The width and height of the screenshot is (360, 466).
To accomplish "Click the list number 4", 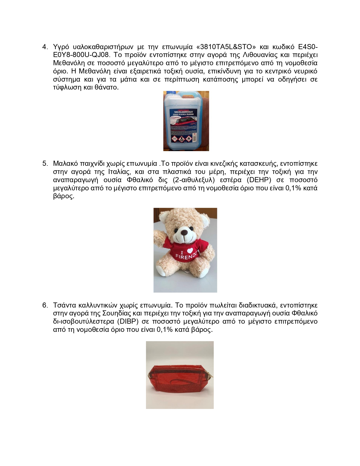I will click(x=45, y=47).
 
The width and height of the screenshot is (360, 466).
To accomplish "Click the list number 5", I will click(x=45, y=164).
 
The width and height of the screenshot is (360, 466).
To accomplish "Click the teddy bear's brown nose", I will click(x=184, y=232).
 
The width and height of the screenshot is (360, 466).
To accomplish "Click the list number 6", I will click(x=45, y=305).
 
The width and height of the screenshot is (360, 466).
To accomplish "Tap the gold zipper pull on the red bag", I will click(x=150, y=376).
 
